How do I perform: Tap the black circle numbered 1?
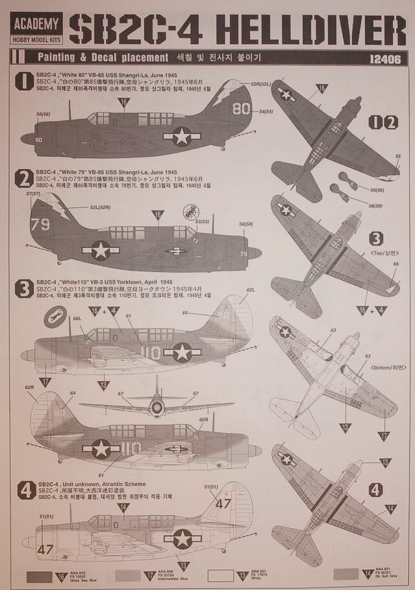[x=25, y=82]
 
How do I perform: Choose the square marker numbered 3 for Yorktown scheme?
[x=25, y=288]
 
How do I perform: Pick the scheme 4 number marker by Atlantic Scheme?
[x=25, y=490]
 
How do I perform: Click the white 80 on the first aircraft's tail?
[x=241, y=108]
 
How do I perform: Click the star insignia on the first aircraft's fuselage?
[x=181, y=135]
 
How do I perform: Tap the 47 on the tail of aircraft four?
[x=223, y=503]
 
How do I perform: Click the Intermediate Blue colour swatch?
[x=128, y=576]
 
